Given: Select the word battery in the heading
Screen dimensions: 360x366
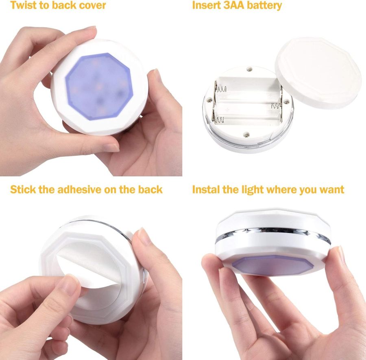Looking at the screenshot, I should click(x=265, y=6).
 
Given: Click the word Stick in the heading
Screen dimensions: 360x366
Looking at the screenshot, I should click(x=23, y=189).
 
